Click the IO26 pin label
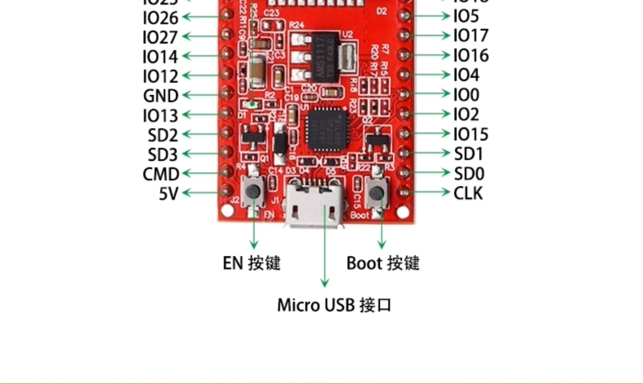[x=161, y=18]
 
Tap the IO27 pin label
[x=161, y=37]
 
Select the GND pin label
[x=161, y=96]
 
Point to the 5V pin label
[x=168, y=193]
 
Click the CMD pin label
[x=161, y=174]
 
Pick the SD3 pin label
[x=162, y=155]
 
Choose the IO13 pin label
[x=161, y=116]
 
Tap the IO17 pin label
[x=470, y=35]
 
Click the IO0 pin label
[x=466, y=95]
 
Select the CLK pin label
[x=469, y=193]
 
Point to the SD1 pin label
[x=469, y=154]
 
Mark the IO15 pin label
[x=470, y=134]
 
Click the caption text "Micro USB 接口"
[x=334, y=305]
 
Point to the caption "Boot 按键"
[x=383, y=263]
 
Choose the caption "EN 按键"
[x=252, y=263]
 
